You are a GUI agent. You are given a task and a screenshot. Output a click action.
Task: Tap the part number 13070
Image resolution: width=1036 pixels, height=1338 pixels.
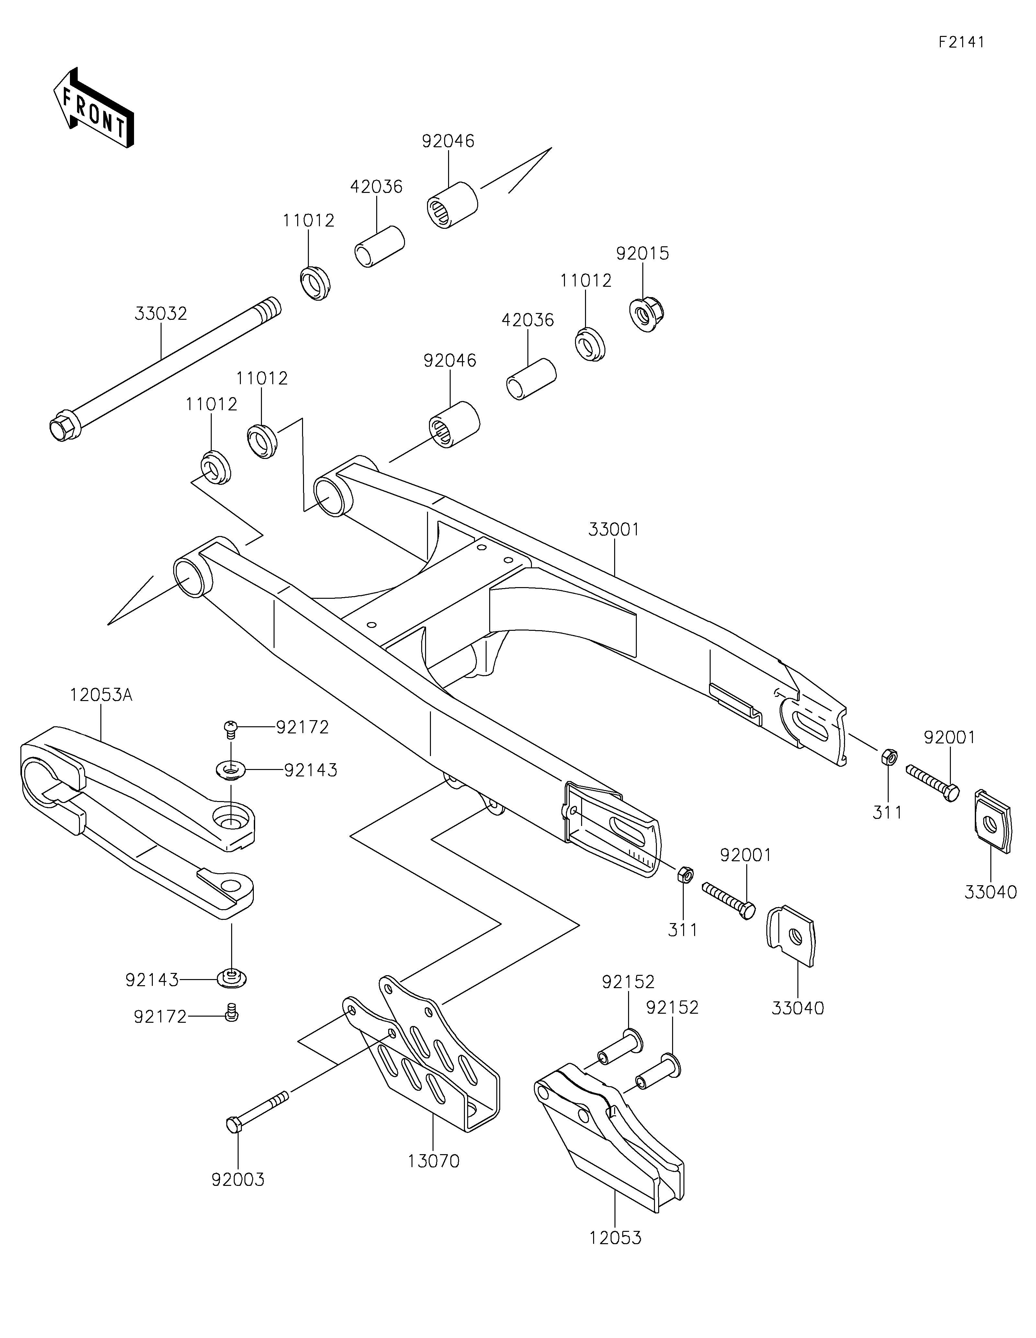[433, 1161]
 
